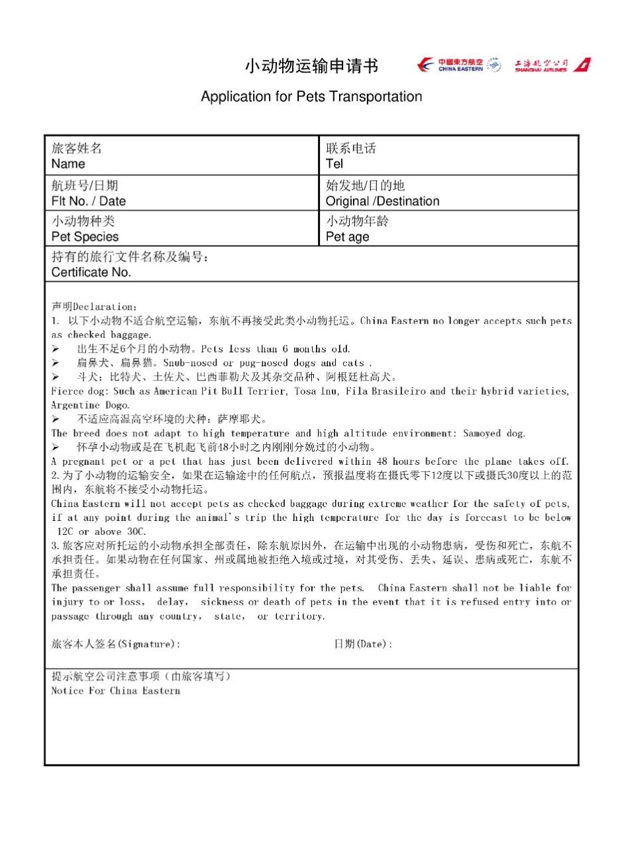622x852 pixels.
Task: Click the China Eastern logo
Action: (x=458, y=65)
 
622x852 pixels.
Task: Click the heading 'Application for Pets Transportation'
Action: (x=311, y=97)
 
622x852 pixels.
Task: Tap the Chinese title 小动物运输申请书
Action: (x=311, y=66)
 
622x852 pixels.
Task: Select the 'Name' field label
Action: (x=68, y=164)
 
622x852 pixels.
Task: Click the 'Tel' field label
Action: (x=335, y=164)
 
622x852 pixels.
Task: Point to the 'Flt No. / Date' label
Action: (x=89, y=201)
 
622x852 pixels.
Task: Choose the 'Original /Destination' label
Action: (x=382, y=201)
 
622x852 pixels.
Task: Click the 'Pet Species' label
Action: (x=85, y=237)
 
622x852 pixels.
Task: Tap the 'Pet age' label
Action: (x=348, y=237)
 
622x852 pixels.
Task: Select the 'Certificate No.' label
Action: (x=91, y=272)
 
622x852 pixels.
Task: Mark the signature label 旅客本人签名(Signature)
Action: (x=115, y=644)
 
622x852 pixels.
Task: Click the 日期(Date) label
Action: (x=363, y=644)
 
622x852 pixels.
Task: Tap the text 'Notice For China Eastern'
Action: (x=116, y=691)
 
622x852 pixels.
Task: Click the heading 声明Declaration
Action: (x=95, y=307)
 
